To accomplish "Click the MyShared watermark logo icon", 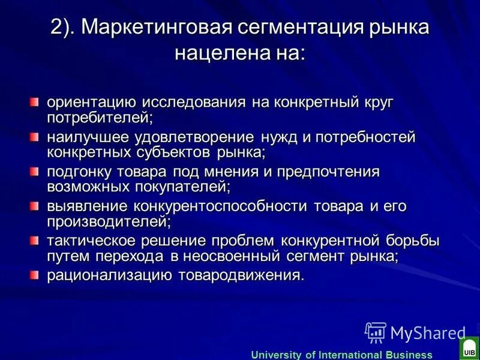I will point(376,332).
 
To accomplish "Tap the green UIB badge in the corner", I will point(469,347).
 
